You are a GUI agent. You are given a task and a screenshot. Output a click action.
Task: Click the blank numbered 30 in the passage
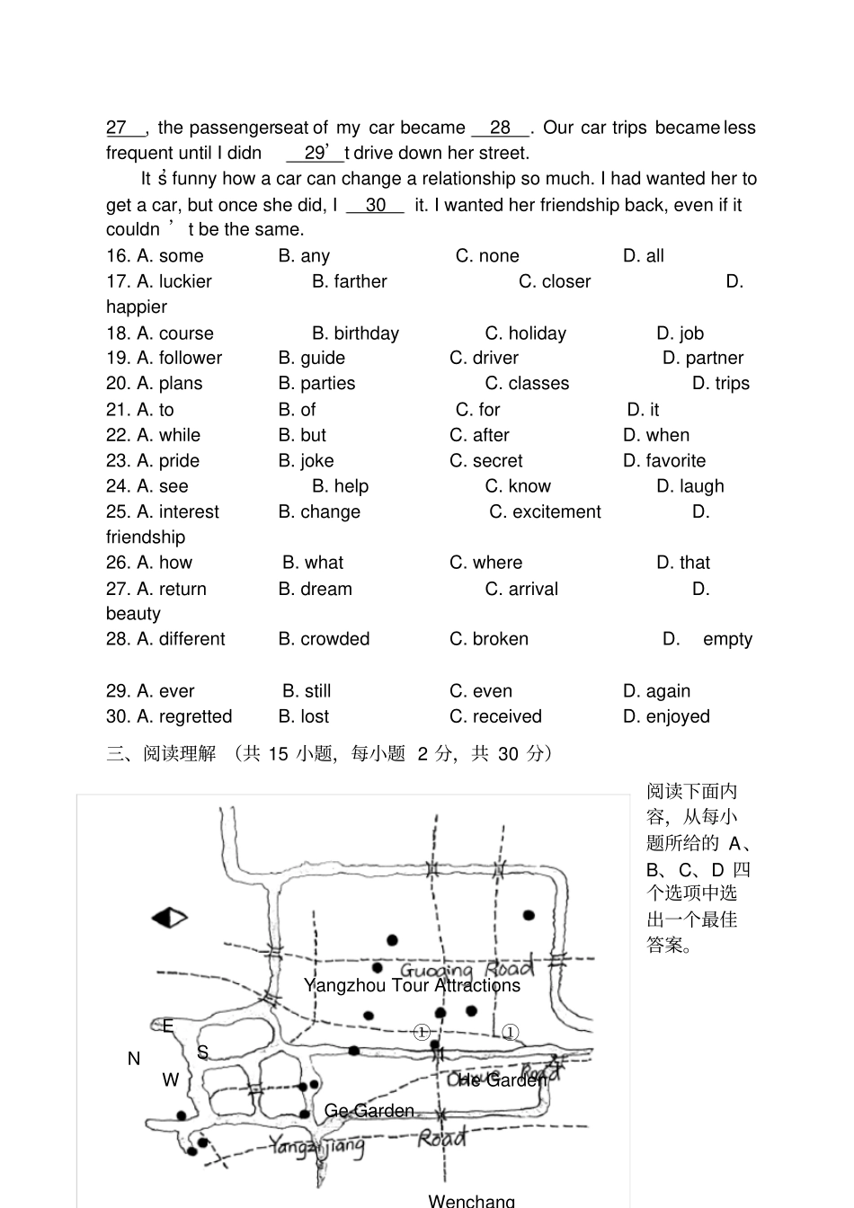375,206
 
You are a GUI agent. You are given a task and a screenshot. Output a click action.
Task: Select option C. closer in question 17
554,282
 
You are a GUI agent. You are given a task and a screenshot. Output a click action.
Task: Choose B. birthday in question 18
355,333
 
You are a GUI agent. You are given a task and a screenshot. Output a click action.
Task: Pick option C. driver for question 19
484,358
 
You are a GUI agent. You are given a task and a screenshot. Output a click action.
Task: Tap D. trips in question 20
720,384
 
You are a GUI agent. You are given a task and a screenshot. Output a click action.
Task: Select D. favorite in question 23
664,461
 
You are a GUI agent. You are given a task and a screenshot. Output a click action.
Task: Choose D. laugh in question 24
689,486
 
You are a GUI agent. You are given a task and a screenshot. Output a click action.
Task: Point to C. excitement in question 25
545,512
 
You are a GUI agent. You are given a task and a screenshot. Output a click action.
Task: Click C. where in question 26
485,563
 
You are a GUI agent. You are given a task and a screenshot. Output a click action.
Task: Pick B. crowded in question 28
324,639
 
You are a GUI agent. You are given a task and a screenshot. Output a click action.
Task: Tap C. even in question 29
481,691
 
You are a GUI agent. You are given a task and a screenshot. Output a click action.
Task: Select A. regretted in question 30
169,716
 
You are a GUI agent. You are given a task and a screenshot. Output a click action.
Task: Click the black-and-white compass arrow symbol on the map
169,918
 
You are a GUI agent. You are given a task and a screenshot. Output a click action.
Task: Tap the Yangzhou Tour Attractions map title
412,986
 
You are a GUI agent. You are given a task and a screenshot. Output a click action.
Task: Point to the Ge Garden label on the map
369,1111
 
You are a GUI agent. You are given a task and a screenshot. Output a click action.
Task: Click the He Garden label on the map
502,1080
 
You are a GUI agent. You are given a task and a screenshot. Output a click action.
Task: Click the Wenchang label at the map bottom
471,1200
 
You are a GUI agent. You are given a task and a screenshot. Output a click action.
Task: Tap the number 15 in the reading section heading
278,754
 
